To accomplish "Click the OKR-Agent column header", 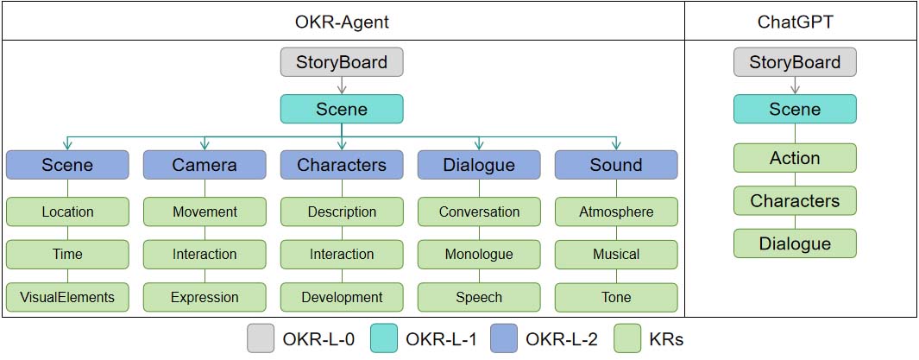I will [343, 22].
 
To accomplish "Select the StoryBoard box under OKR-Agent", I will [342, 63].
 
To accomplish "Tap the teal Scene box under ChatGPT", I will [795, 110].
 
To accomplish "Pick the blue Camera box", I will [205, 165].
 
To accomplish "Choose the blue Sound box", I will [616, 165].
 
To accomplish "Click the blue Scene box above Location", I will [67, 165].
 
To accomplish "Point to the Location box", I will [67, 212].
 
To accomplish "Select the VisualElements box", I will [67, 297].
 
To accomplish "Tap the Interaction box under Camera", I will [205, 255].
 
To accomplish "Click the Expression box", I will [205, 297].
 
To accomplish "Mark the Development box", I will [342, 297].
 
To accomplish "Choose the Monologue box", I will [479, 255].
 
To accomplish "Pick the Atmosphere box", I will [616, 212].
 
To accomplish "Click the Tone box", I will [616, 297].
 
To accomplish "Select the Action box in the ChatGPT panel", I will [795, 158].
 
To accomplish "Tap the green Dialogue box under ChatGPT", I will [795, 243].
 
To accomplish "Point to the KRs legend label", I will [666, 339].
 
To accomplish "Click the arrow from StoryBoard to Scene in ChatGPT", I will [795, 85].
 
